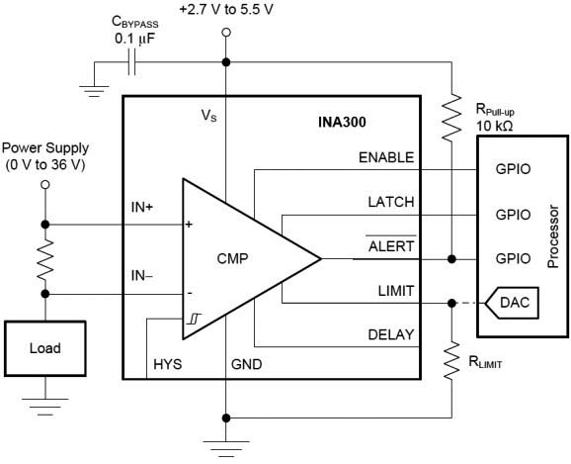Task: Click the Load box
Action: (x=45, y=348)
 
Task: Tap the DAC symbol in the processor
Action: (x=512, y=303)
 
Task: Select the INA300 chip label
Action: (x=342, y=122)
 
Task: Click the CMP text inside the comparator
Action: (x=232, y=258)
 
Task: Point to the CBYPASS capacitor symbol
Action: (x=131, y=62)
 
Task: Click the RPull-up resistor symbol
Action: (x=451, y=117)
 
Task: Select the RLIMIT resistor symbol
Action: (x=451, y=361)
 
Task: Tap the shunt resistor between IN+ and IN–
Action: (x=45, y=259)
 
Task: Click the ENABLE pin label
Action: (x=386, y=157)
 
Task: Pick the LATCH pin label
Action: (x=391, y=202)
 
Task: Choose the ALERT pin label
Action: (x=391, y=246)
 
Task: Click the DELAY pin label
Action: (x=391, y=334)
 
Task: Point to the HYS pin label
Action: (x=168, y=364)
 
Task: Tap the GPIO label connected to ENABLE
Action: (x=513, y=169)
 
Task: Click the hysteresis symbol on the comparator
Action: (x=194, y=320)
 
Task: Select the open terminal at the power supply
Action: (x=45, y=185)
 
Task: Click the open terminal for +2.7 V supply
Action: (x=226, y=33)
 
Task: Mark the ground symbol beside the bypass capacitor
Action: (x=94, y=91)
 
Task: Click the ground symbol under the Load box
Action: (x=45, y=407)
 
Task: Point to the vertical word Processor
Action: (x=553, y=236)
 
